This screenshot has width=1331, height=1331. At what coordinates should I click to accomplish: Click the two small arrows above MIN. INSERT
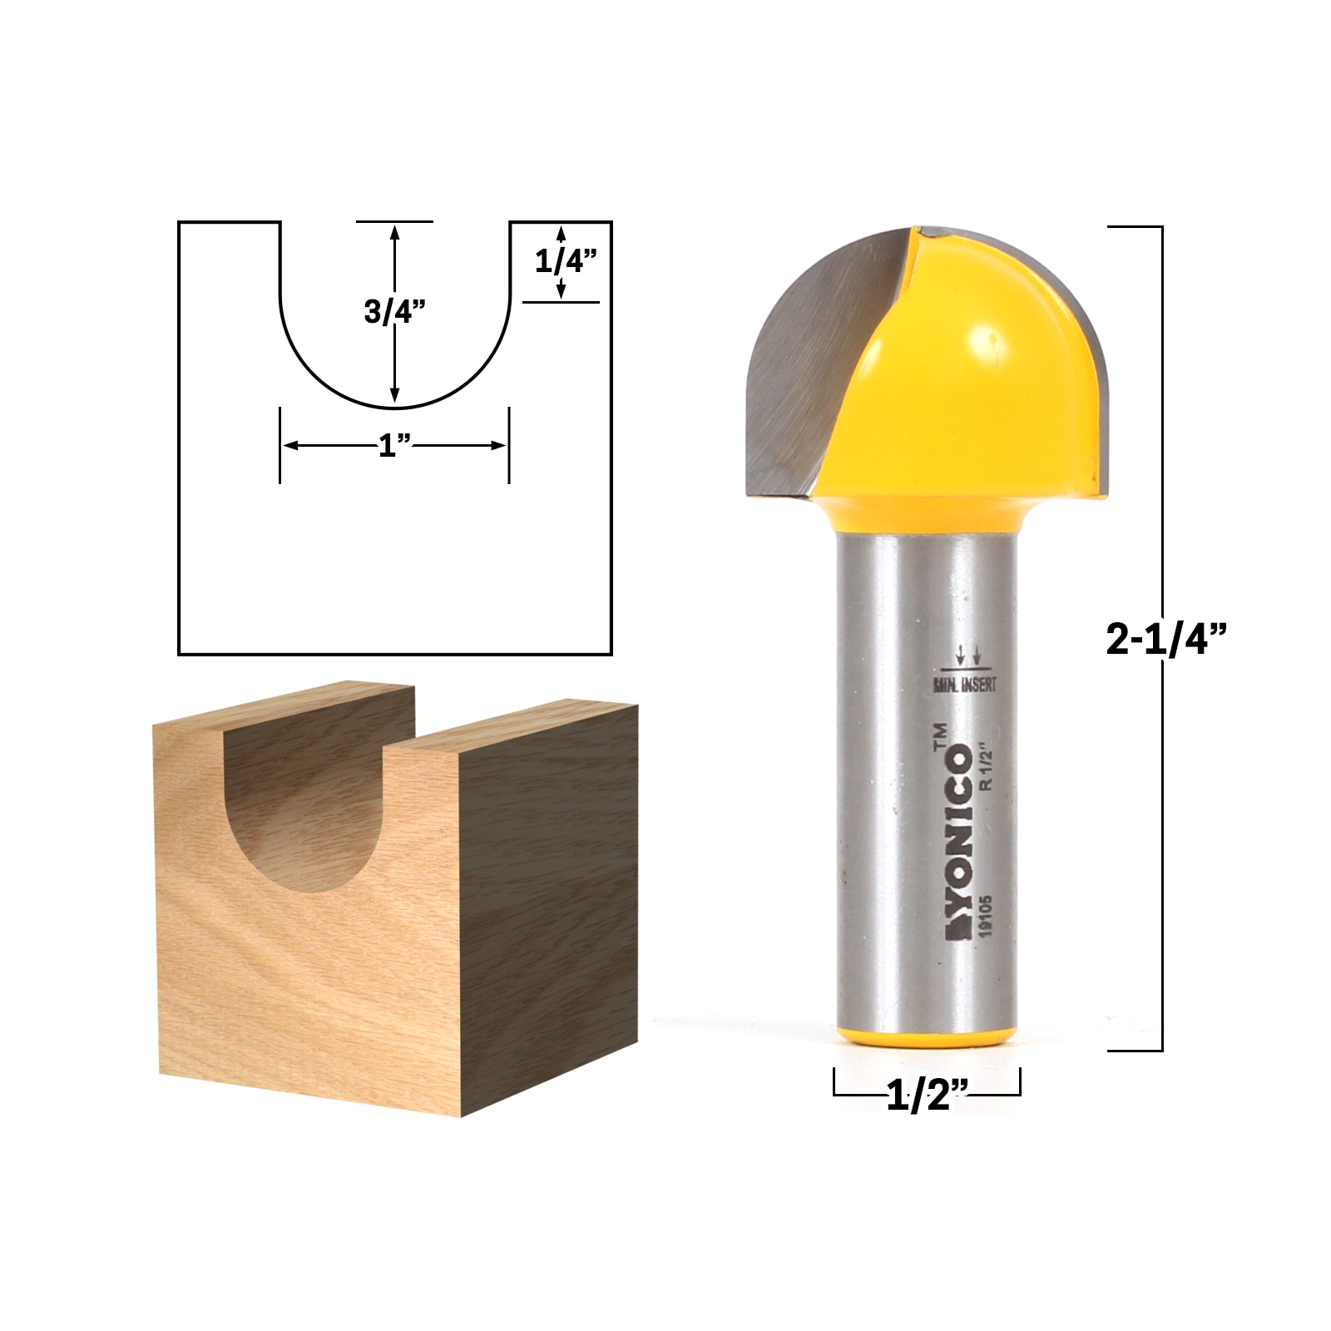[x=968, y=657]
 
